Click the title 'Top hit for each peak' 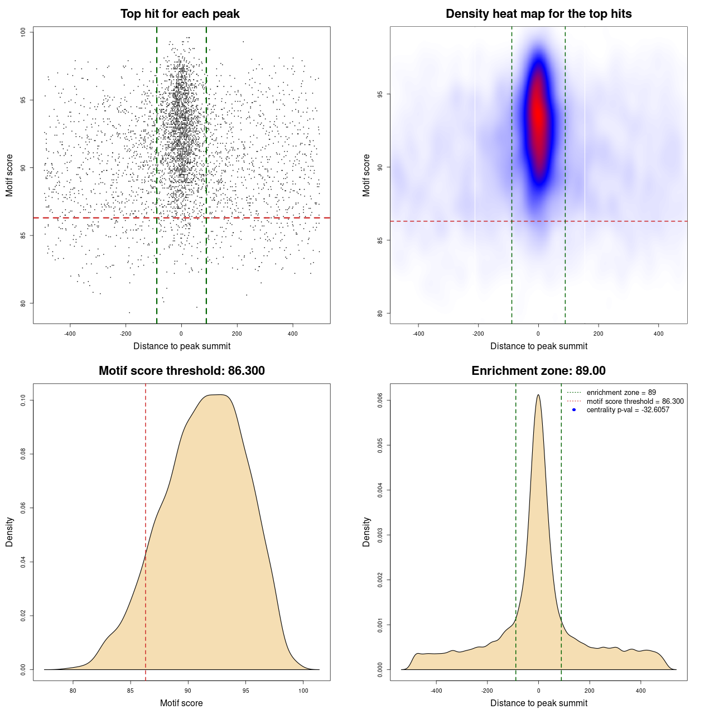point(180,14)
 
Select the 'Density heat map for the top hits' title point(538,14)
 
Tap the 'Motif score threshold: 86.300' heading point(181,371)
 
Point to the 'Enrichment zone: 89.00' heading point(538,371)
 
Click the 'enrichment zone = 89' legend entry point(621,393)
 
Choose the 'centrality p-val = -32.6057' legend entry point(628,410)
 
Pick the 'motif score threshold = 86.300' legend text point(635,401)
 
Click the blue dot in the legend point(574,410)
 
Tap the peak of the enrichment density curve point(538,395)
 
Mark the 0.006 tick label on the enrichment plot point(380,401)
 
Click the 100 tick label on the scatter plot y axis point(23,32)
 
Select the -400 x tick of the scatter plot point(70,334)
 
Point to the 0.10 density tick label point(23,400)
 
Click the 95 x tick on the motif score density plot point(246,691)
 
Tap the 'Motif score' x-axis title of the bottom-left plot point(181,703)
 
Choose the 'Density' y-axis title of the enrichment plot point(366,532)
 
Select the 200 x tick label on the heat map point(599,334)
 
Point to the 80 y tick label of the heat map point(380,313)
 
